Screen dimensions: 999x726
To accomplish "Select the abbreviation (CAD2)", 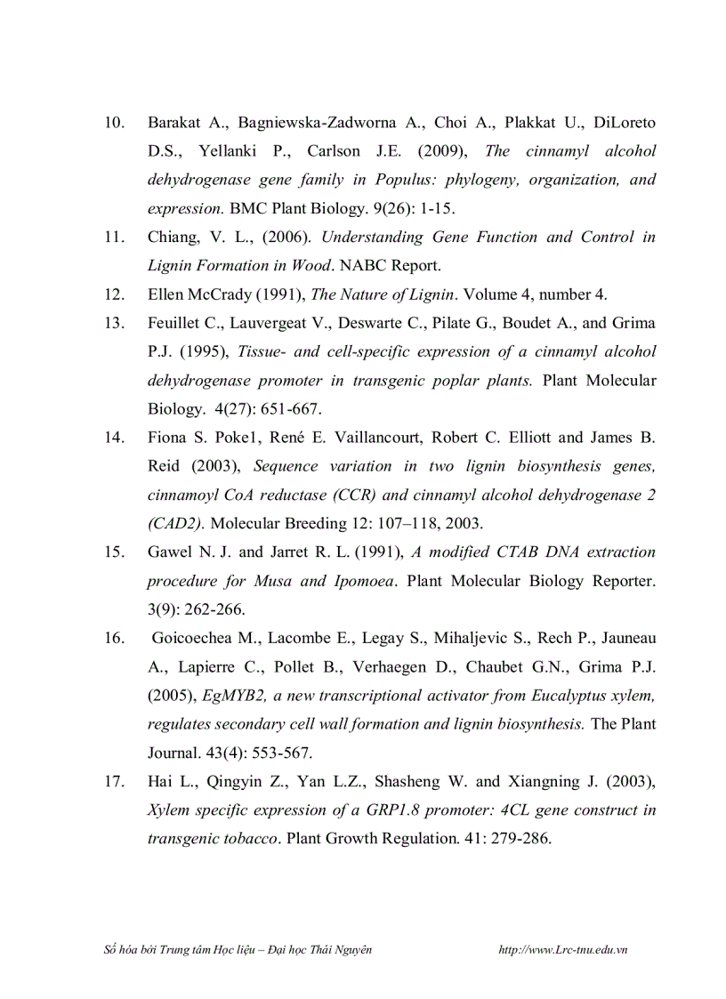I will [x=176, y=523].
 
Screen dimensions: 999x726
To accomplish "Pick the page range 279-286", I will [x=519, y=839].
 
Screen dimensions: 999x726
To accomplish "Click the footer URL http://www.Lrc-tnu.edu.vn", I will [x=564, y=950].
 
